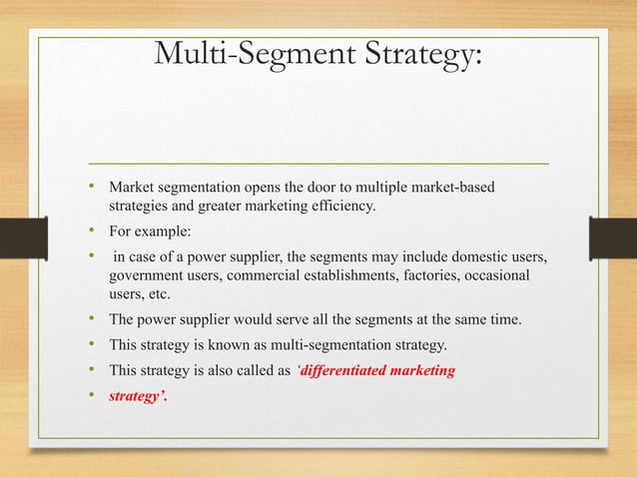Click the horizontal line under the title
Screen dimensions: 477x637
(x=318, y=162)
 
